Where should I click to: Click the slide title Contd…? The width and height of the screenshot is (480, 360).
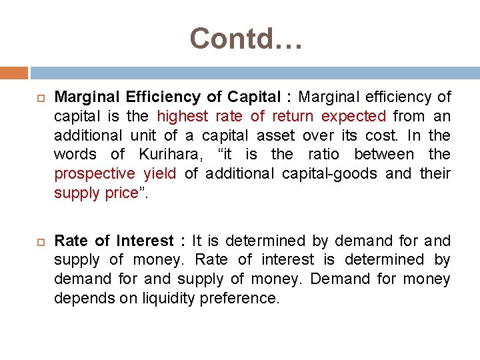pyautogui.click(x=246, y=39)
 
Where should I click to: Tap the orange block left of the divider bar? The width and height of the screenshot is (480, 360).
pyautogui.click(x=13, y=73)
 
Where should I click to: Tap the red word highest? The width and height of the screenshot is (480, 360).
pyautogui.click(x=182, y=116)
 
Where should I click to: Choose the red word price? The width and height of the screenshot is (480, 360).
pyautogui.click(x=119, y=193)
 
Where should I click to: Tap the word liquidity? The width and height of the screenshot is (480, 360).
pyautogui.click(x=170, y=298)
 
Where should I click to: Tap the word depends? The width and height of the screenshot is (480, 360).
pyautogui.click(x=84, y=298)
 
